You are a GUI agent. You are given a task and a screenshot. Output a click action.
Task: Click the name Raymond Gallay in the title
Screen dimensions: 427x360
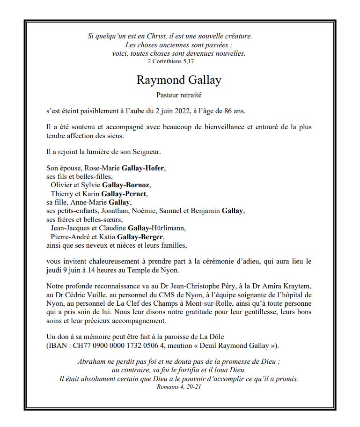[x=178, y=80]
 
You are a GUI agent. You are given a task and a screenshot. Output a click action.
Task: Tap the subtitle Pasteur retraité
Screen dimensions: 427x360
[x=179, y=95]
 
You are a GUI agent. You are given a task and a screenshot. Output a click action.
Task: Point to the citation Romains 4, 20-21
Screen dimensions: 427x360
[x=179, y=387]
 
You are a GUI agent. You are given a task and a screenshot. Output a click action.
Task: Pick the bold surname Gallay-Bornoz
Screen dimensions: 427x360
[x=130, y=185]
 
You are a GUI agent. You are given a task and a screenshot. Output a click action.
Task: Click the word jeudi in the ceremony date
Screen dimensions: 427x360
[x=56, y=271]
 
